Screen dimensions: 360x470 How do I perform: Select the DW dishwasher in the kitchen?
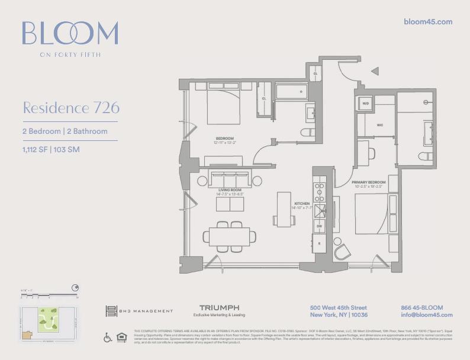(x=319, y=226)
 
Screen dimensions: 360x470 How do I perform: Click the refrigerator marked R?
(x=320, y=243)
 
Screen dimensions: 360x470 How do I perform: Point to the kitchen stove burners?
(x=320, y=191)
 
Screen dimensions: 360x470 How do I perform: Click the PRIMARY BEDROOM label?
(x=369, y=182)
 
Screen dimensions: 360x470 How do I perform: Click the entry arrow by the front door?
(x=374, y=71)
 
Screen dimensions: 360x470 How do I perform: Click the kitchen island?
(x=284, y=208)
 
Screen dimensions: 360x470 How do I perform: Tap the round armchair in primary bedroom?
(x=342, y=251)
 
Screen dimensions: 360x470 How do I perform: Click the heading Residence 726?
(x=71, y=108)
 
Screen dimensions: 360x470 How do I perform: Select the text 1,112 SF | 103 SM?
(x=51, y=149)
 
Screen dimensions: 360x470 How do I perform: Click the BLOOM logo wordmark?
(x=70, y=34)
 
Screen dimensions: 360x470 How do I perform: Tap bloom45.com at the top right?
(x=427, y=22)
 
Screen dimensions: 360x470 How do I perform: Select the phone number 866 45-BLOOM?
(x=421, y=308)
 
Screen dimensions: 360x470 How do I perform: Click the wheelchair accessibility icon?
(x=108, y=338)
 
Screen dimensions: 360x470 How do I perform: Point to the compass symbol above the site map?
(x=75, y=288)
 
